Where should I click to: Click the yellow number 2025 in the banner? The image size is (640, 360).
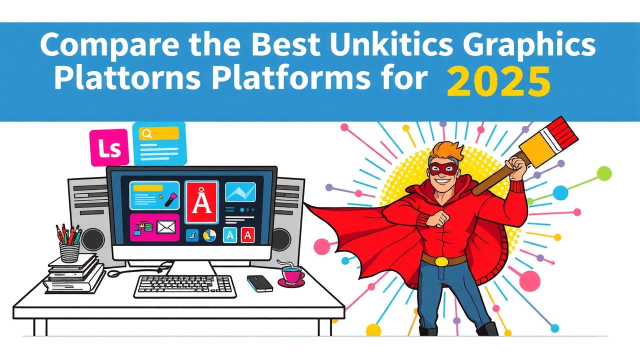pos(498,81)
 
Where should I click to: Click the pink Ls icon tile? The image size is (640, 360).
pos(109,147)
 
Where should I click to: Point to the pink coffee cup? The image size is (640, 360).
pos(291,275)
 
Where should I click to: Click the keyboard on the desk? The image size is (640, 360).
pos(185,286)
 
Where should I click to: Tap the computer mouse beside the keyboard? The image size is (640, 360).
pos(259,283)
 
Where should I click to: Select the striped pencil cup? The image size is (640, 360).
pos(69,252)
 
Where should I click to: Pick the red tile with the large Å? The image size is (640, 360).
pos(201,202)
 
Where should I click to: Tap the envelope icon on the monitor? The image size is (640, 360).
pos(166,227)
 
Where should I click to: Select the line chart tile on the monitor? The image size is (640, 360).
pos(240,192)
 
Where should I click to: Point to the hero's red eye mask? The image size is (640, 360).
pos(442,169)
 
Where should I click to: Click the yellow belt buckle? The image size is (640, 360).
pos(441,261)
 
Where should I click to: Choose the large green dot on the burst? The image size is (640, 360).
pos(604,173)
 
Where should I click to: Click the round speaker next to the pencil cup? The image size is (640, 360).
pos(93,239)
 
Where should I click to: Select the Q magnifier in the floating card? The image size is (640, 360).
pos(147,133)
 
